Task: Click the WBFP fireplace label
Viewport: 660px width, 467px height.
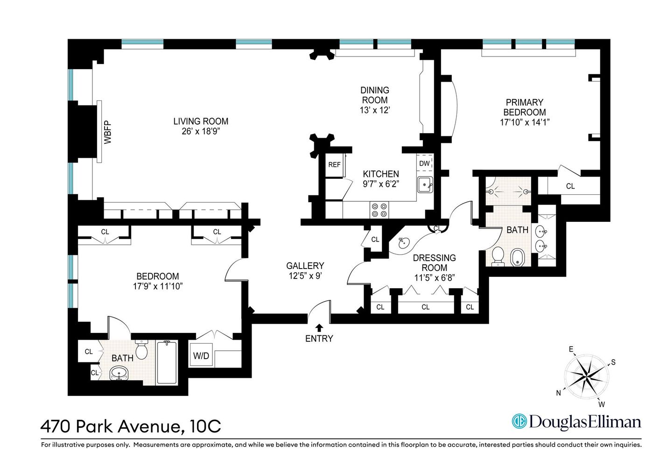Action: [x=108, y=132]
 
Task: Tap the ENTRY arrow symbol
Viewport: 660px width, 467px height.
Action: [x=319, y=328]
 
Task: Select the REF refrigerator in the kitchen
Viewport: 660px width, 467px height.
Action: [x=334, y=164]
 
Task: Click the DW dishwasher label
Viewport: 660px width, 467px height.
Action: [x=424, y=163]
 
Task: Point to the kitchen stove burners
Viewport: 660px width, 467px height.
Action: [x=379, y=210]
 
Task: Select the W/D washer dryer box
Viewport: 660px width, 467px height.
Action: [x=201, y=356]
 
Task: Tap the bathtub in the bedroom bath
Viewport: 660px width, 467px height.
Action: [x=167, y=363]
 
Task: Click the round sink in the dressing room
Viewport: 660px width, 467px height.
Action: [x=403, y=242]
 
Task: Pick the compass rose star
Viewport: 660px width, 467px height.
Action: [x=586, y=376]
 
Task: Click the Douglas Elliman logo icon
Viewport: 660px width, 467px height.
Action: [x=519, y=421]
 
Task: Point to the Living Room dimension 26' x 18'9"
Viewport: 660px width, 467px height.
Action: [x=201, y=132]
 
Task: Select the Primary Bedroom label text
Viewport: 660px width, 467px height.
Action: [x=525, y=107]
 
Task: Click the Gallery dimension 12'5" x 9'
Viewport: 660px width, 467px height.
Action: [x=305, y=276]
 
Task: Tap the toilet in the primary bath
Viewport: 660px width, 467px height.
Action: [x=498, y=256]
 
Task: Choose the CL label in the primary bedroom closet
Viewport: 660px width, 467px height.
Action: [x=570, y=186]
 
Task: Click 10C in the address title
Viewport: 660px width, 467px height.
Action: [x=205, y=426]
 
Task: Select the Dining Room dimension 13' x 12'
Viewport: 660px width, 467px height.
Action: [x=375, y=110]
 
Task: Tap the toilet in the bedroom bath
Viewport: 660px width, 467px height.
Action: [x=141, y=349]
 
